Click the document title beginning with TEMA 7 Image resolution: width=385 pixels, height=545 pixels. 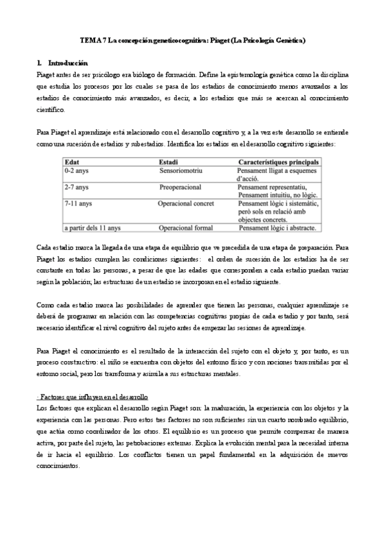point(192,40)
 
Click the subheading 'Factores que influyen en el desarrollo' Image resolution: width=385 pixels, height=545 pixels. point(93,398)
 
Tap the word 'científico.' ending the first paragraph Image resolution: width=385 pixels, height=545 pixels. point(51,110)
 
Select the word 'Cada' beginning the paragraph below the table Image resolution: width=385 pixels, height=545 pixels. point(44,247)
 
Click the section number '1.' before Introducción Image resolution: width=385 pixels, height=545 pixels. point(40,64)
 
